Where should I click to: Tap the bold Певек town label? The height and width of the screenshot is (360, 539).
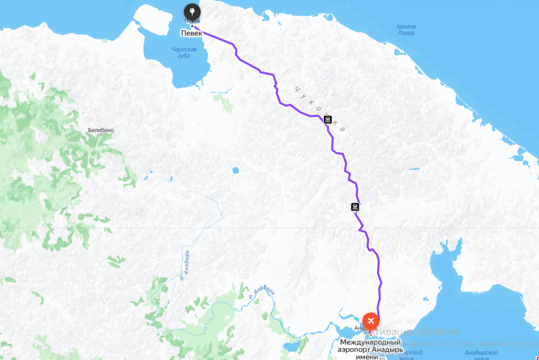(x=191, y=33)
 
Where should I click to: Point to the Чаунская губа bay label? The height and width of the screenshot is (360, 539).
(x=184, y=53)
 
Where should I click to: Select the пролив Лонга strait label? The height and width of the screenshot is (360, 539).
(x=406, y=30)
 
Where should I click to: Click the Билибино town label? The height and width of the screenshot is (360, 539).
(x=101, y=130)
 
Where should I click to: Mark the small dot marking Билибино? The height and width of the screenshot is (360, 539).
(x=101, y=135)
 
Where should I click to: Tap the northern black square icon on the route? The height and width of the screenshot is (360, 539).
(x=328, y=120)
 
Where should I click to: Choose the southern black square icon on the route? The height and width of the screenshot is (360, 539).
(x=355, y=207)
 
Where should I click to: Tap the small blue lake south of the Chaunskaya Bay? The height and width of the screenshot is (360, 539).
(x=235, y=170)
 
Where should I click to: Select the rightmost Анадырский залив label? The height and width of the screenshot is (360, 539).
(x=482, y=356)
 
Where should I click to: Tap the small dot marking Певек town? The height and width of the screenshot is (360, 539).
(x=192, y=26)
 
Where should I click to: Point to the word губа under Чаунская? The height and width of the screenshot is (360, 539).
(x=184, y=56)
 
